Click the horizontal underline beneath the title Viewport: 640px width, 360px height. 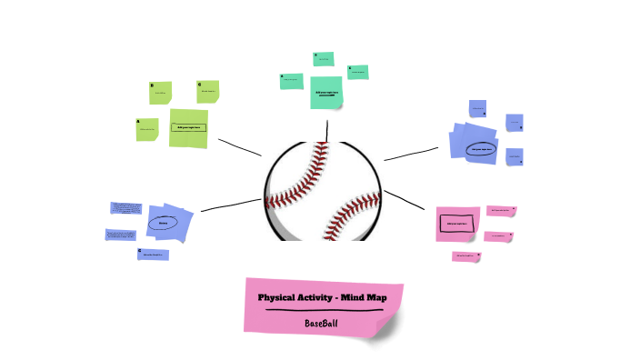tap(322, 310)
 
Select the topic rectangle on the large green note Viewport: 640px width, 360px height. tap(188, 127)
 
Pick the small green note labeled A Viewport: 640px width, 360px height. tap(146, 129)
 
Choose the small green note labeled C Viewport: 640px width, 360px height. tap(208, 90)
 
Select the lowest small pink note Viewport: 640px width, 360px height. tap(466, 256)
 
